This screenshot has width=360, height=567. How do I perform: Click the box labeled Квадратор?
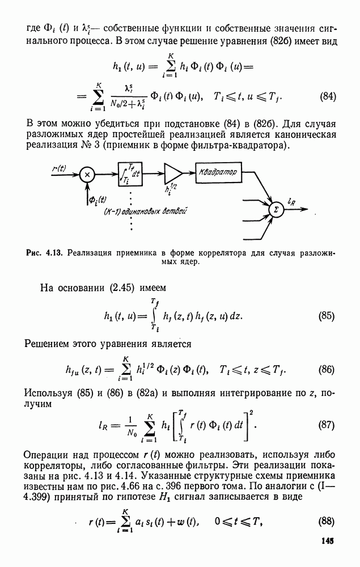217,171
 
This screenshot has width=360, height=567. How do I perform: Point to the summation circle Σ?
276,209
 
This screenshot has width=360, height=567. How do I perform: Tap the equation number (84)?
329,96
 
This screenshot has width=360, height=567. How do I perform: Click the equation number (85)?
327,316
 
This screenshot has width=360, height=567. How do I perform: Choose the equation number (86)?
327,370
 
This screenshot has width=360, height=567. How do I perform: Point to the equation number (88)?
327,522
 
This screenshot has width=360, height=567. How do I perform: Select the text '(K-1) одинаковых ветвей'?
146,211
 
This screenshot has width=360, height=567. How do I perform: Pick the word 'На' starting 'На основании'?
48,286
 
